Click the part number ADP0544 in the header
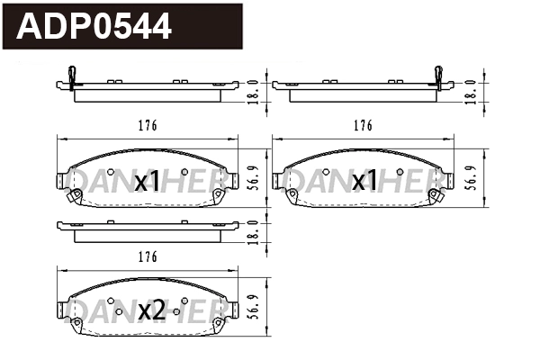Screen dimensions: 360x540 point(94,26)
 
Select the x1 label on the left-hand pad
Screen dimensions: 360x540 point(147,183)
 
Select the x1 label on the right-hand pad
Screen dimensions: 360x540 point(364,183)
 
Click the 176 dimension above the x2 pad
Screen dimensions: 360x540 point(148,257)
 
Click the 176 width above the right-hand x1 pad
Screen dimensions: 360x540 point(364,127)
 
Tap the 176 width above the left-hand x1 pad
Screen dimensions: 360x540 point(148,127)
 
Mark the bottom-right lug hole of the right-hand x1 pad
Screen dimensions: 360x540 point(436,194)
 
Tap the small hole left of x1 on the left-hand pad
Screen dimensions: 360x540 point(110,172)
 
